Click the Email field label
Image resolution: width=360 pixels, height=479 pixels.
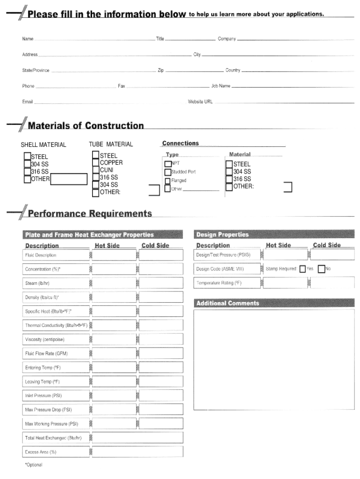point(27,101)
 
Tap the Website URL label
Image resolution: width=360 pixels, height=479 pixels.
point(200,101)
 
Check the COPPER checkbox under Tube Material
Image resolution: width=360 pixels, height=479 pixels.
point(95,163)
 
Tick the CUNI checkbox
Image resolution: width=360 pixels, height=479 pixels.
point(95,170)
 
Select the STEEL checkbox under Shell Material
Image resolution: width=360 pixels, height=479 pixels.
point(27,157)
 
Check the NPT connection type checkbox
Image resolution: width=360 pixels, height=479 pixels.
point(168,164)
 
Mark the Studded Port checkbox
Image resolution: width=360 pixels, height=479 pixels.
point(168,172)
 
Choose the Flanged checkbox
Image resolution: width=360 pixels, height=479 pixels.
point(168,181)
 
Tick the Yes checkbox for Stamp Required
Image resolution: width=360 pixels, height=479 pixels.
point(302,269)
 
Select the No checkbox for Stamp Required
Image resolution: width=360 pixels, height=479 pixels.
point(321,269)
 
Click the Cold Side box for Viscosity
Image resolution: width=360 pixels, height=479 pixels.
point(161,339)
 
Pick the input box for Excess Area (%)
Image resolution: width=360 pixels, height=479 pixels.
point(137,452)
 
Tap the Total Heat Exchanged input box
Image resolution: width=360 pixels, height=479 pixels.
point(137,438)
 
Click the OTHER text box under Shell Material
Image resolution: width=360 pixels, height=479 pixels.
point(69,179)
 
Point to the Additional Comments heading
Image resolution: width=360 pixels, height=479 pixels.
point(228,303)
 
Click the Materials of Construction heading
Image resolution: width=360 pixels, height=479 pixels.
point(86,125)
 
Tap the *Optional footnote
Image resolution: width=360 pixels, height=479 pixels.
point(34,465)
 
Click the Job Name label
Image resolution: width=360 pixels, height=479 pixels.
point(221,86)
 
